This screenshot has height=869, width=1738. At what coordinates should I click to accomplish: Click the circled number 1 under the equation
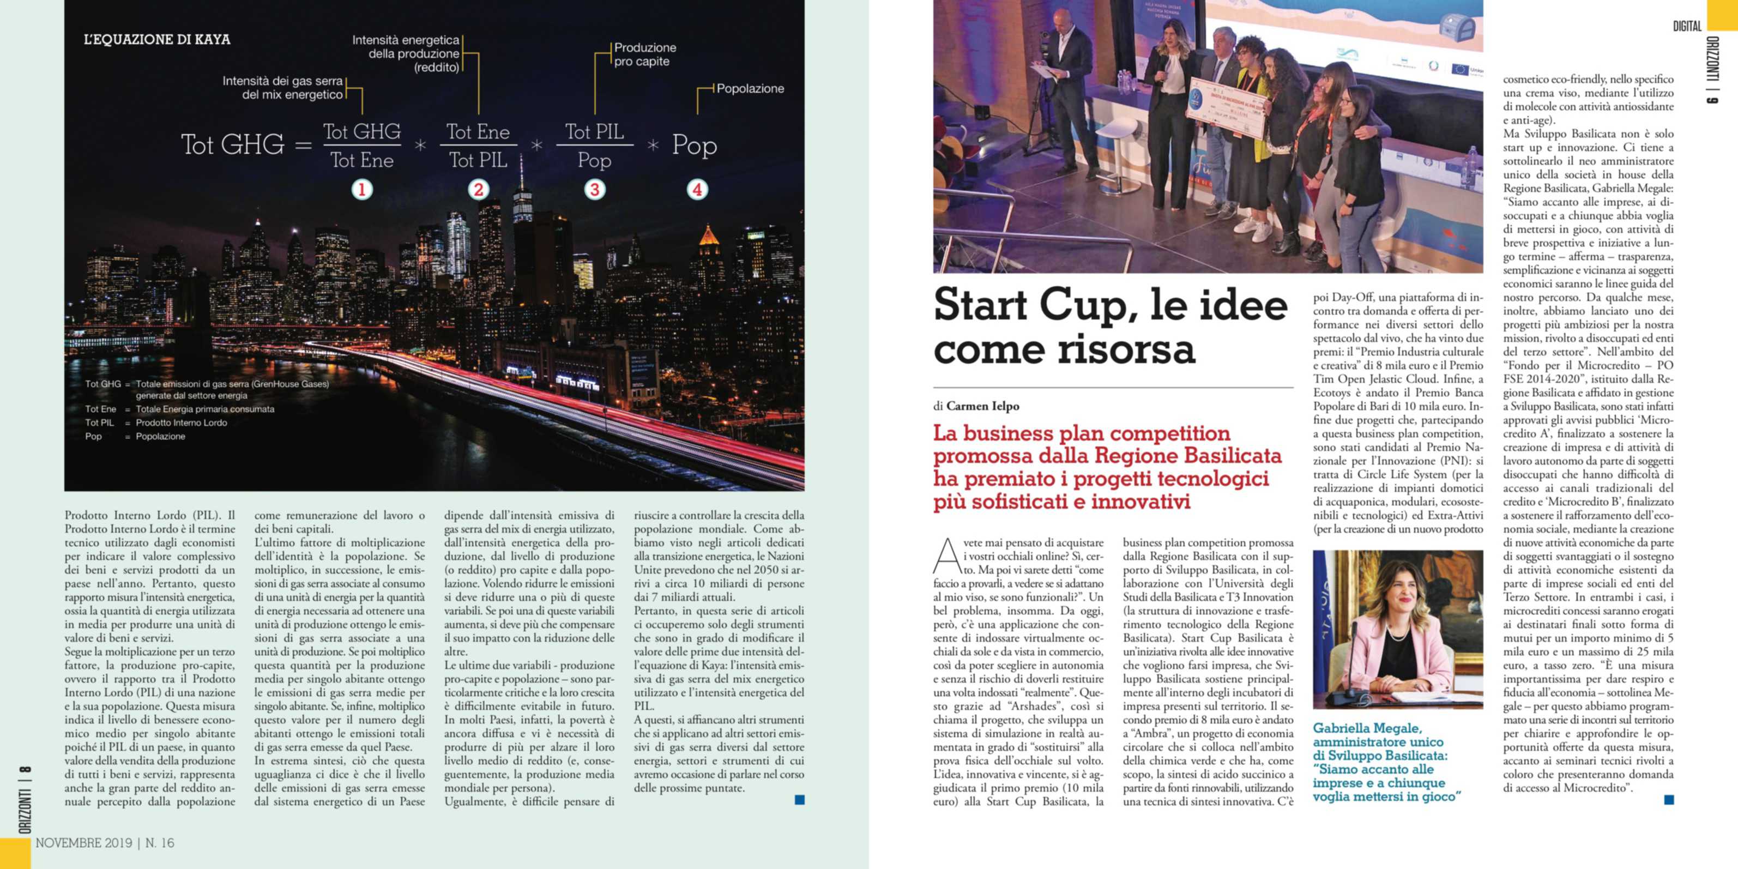click(x=361, y=190)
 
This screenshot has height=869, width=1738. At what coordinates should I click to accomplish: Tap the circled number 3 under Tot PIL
click(x=594, y=190)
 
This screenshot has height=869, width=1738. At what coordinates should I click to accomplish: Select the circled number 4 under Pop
click(x=697, y=190)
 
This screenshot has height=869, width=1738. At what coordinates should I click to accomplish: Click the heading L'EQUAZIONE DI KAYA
click(x=157, y=39)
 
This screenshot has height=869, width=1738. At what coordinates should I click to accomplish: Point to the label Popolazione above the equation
click(x=750, y=88)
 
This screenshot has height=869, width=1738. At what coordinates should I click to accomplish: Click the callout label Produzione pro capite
click(x=644, y=55)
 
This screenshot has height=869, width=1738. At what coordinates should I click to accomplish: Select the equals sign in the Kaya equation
click(x=303, y=145)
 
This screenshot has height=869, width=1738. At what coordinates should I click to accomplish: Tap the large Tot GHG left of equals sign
click(x=233, y=145)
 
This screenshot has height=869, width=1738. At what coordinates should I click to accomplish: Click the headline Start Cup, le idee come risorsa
click(x=1110, y=327)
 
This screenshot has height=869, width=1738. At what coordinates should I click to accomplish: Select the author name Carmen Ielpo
click(x=982, y=406)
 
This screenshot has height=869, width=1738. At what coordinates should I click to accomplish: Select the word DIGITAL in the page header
click(x=1687, y=26)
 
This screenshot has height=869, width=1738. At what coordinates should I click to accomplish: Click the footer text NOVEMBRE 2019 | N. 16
click(x=105, y=843)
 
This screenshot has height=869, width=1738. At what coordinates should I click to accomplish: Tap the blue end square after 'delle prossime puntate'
click(x=800, y=800)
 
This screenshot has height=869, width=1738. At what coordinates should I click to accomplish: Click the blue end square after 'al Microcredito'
click(x=1669, y=800)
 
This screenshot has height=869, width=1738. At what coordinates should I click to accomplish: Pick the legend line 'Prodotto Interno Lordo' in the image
click(x=181, y=423)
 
